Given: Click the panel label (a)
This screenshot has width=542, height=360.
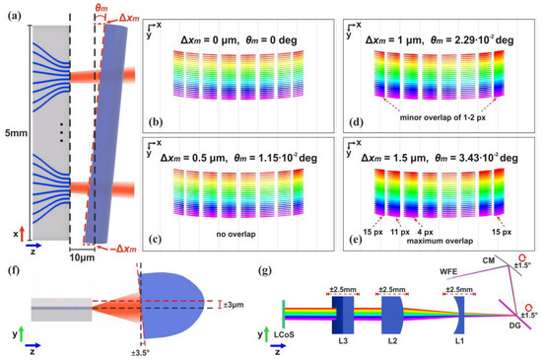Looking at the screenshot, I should click(x=13, y=12).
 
